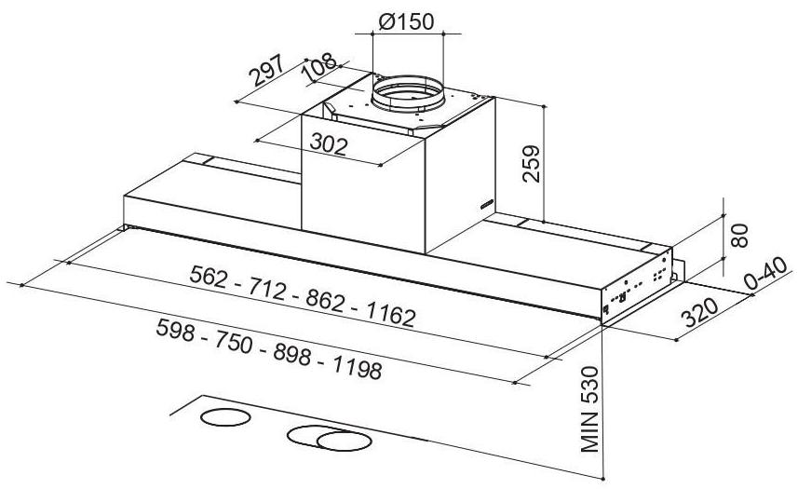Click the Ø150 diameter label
point(406,21)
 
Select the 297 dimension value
point(265,70)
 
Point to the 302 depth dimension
point(329,143)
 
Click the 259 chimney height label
point(531,163)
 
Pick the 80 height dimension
point(739,235)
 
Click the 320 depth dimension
point(700,312)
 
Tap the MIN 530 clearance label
point(589,409)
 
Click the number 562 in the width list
point(209,277)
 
